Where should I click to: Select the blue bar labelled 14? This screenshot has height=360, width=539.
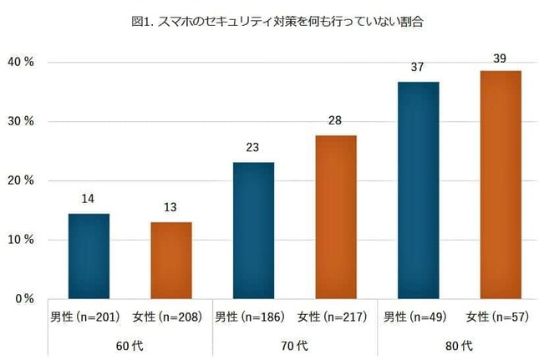[x=89, y=256]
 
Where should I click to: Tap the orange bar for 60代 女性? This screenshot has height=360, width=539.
[x=170, y=260]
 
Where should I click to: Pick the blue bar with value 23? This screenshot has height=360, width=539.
[x=253, y=230]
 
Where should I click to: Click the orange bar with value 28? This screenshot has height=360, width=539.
[x=335, y=216]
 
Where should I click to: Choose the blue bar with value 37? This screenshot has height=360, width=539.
[x=418, y=190]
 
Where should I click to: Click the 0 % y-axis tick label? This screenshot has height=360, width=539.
[x=23, y=298]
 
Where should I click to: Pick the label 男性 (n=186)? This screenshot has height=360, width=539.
[x=253, y=317]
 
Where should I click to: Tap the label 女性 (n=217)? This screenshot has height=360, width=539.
[x=335, y=317]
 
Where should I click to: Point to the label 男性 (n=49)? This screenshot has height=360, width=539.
[x=418, y=317]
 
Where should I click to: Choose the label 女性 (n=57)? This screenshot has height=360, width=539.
[x=500, y=317]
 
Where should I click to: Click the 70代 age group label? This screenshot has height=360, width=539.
[x=294, y=345]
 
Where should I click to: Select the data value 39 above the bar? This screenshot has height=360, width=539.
[x=500, y=58]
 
